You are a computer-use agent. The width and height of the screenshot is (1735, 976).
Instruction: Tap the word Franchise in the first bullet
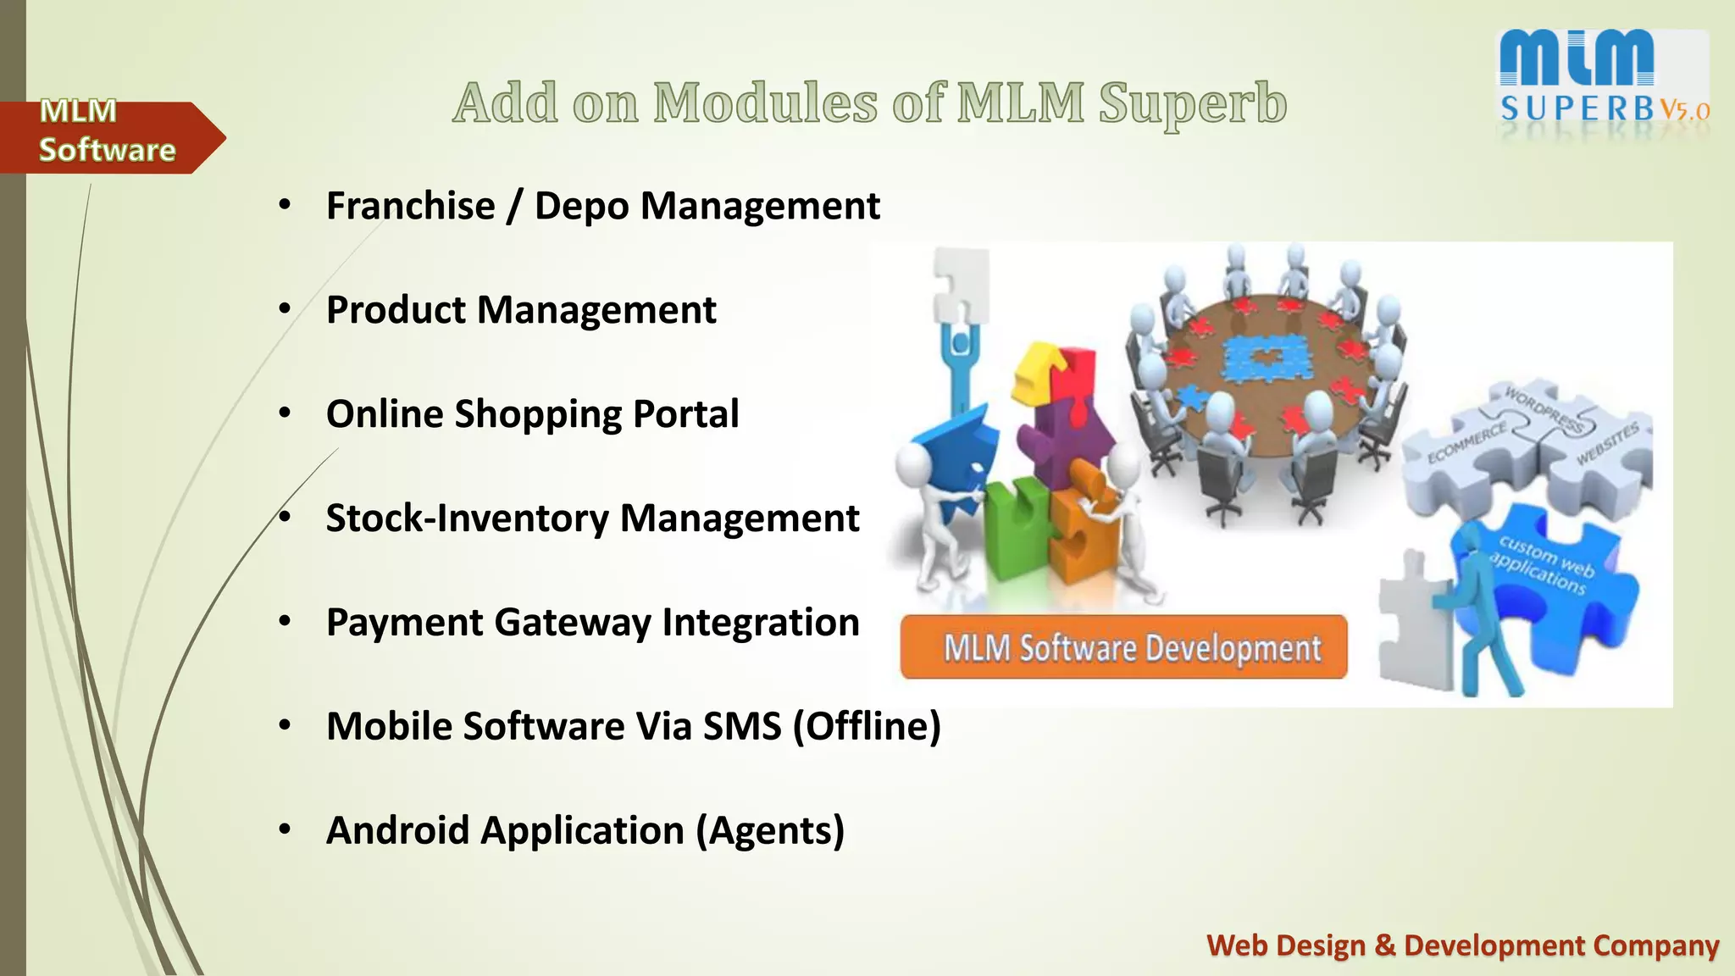pos(410,206)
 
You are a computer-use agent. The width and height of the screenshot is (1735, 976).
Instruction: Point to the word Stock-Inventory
pos(466,518)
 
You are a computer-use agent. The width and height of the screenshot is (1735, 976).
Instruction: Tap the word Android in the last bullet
pos(397,830)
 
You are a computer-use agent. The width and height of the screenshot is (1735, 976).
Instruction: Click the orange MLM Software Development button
pos(1123,648)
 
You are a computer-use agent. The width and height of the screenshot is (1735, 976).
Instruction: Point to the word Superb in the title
pos(1193,105)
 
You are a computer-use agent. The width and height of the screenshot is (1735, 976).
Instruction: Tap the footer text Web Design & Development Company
pos(1462,945)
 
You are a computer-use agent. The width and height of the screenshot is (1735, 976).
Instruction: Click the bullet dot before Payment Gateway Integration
pos(285,622)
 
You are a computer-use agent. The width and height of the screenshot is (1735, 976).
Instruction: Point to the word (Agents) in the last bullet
pos(770,830)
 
